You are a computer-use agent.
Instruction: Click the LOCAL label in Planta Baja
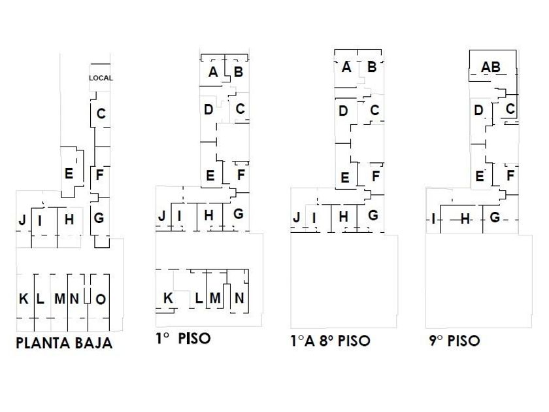pyautogui.click(x=101, y=78)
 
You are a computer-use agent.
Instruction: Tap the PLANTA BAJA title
pyautogui.click(x=64, y=343)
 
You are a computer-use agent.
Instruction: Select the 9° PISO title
pyautogui.click(x=454, y=341)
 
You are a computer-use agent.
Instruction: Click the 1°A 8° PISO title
pyautogui.click(x=330, y=341)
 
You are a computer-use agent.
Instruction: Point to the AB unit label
pyautogui.click(x=490, y=67)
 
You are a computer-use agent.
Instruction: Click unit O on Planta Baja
pyautogui.click(x=101, y=299)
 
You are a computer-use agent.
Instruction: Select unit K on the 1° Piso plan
pyautogui.click(x=168, y=298)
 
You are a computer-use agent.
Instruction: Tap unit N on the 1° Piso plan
pyautogui.click(x=239, y=298)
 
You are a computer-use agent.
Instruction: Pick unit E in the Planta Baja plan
pyautogui.click(x=69, y=174)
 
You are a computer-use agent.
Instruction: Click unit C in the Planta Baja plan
pyautogui.click(x=101, y=114)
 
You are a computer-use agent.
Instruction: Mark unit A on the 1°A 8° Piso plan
pyautogui.click(x=346, y=67)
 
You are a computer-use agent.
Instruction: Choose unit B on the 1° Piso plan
pyautogui.click(x=238, y=72)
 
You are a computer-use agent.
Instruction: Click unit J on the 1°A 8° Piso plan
pyautogui.click(x=297, y=217)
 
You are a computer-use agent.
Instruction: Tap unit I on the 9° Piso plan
pyautogui.click(x=433, y=218)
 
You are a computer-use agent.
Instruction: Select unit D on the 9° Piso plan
pyautogui.click(x=478, y=111)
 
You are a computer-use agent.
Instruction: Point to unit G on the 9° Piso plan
pyautogui.click(x=495, y=217)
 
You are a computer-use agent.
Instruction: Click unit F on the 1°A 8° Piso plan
pyautogui.click(x=375, y=176)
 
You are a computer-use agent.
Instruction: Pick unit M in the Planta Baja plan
pyautogui.click(x=59, y=299)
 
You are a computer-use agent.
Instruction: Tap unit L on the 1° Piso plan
pyautogui.click(x=199, y=298)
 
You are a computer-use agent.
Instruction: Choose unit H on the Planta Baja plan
pyautogui.click(x=69, y=220)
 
